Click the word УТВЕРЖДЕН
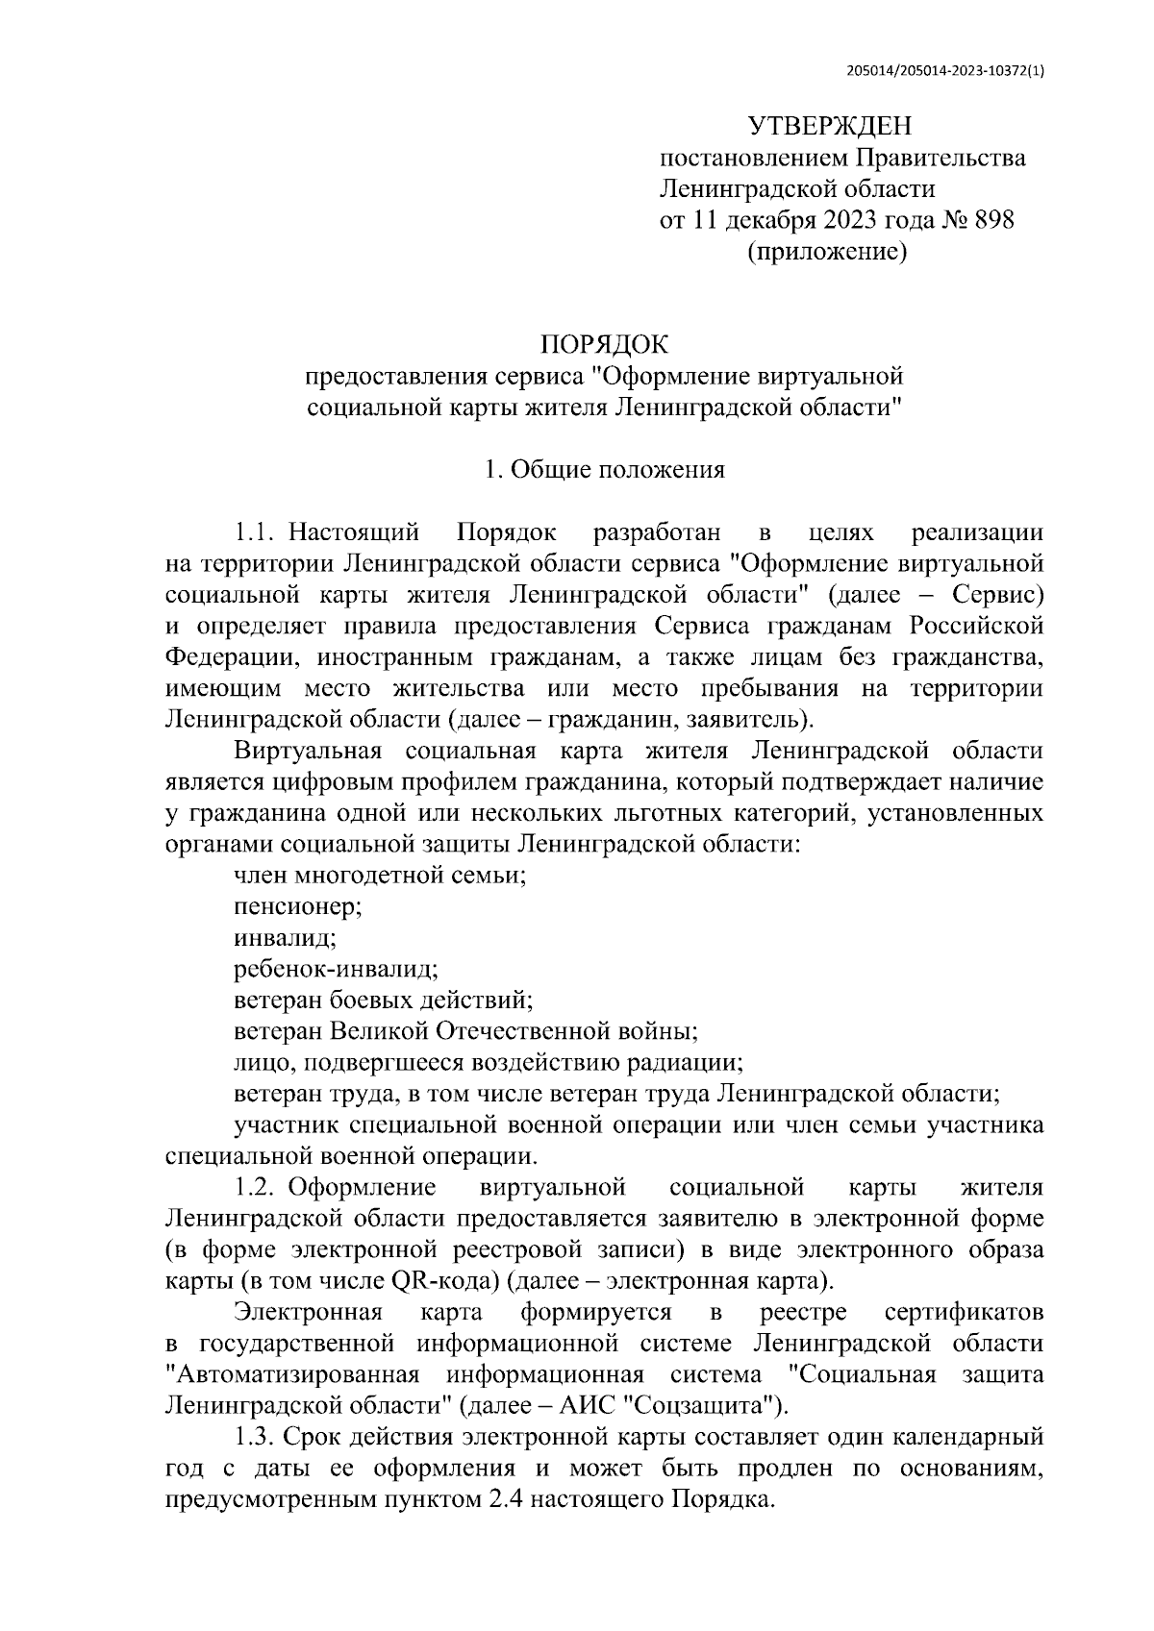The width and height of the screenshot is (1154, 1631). click(829, 126)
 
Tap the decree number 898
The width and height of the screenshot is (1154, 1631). click(993, 220)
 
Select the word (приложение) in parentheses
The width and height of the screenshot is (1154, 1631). click(828, 252)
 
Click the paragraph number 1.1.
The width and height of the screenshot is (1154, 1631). click(256, 532)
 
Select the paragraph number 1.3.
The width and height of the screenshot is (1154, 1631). click(256, 1438)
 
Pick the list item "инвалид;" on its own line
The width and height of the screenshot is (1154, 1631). click(284, 937)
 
